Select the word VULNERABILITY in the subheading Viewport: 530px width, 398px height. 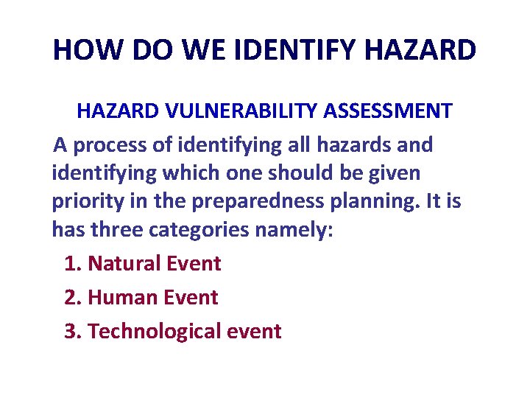click(x=244, y=111)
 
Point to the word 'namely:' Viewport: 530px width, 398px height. click(x=294, y=230)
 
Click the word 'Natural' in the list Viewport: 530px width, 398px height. click(x=129, y=263)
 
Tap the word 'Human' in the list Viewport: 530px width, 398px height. click(x=124, y=297)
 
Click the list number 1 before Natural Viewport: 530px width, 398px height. click(x=71, y=263)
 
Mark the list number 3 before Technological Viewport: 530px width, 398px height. click(x=71, y=331)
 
